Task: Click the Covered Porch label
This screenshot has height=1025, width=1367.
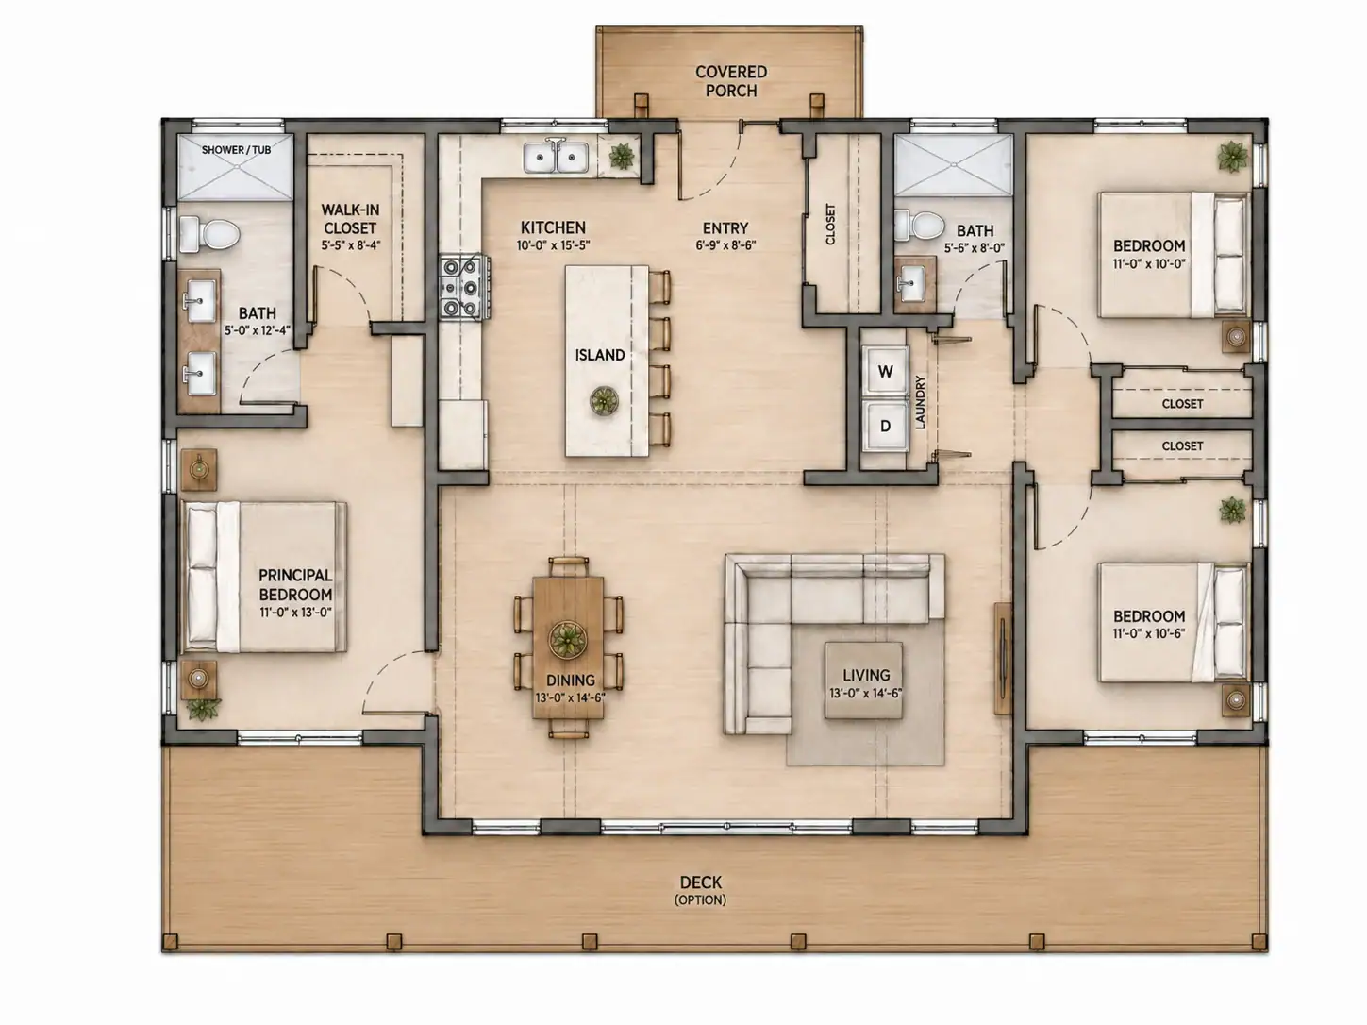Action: point(731,81)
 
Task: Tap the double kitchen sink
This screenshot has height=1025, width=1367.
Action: point(556,157)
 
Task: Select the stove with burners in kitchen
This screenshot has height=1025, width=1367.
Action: point(464,287)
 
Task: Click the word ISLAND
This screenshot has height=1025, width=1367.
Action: point(600,355)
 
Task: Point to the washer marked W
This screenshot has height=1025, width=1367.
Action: point(885,371)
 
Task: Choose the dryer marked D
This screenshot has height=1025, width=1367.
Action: point(885,427)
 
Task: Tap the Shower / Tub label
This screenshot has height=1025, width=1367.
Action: point(236,150)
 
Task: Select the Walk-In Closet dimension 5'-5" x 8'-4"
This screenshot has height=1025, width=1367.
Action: point(351,245)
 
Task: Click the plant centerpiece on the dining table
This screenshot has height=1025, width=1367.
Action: point(567,639)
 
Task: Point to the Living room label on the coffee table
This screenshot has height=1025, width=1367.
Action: point(866,675)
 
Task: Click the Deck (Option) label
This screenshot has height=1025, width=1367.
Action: point(701,890)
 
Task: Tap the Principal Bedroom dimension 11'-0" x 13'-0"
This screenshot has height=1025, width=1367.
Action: point(295,613)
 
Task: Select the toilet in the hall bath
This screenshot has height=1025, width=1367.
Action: point(919,225)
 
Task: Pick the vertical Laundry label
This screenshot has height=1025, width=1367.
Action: point(920,402)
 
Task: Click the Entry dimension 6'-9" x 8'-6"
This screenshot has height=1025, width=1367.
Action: point(725,245)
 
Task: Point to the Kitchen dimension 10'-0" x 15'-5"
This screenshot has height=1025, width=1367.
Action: point(553,245)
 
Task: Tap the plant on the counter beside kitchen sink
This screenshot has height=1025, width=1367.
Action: point(622,156)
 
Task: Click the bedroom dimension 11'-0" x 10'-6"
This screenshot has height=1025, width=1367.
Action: point(1149,634)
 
